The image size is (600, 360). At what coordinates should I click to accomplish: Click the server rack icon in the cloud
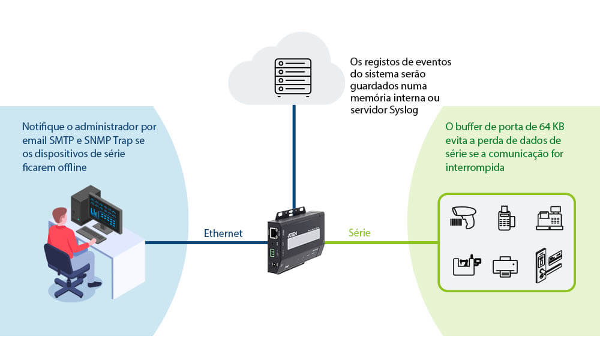tap(292, 76)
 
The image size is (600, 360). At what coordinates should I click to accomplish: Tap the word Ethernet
tap(223, 233)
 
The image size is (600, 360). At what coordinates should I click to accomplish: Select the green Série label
tap(359, 233)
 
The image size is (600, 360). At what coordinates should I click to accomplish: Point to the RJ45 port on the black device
tap(275, 232)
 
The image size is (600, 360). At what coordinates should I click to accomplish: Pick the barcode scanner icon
tap(466, 217)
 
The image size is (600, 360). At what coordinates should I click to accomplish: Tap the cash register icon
tap(549, 218)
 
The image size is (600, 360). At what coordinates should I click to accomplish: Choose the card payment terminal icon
tap(507, 218)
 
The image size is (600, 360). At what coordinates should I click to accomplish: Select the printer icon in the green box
tap(505, 266)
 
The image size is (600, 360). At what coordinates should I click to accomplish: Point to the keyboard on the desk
tap(93, 235)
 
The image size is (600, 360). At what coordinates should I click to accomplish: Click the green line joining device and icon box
tap(381, 243)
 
